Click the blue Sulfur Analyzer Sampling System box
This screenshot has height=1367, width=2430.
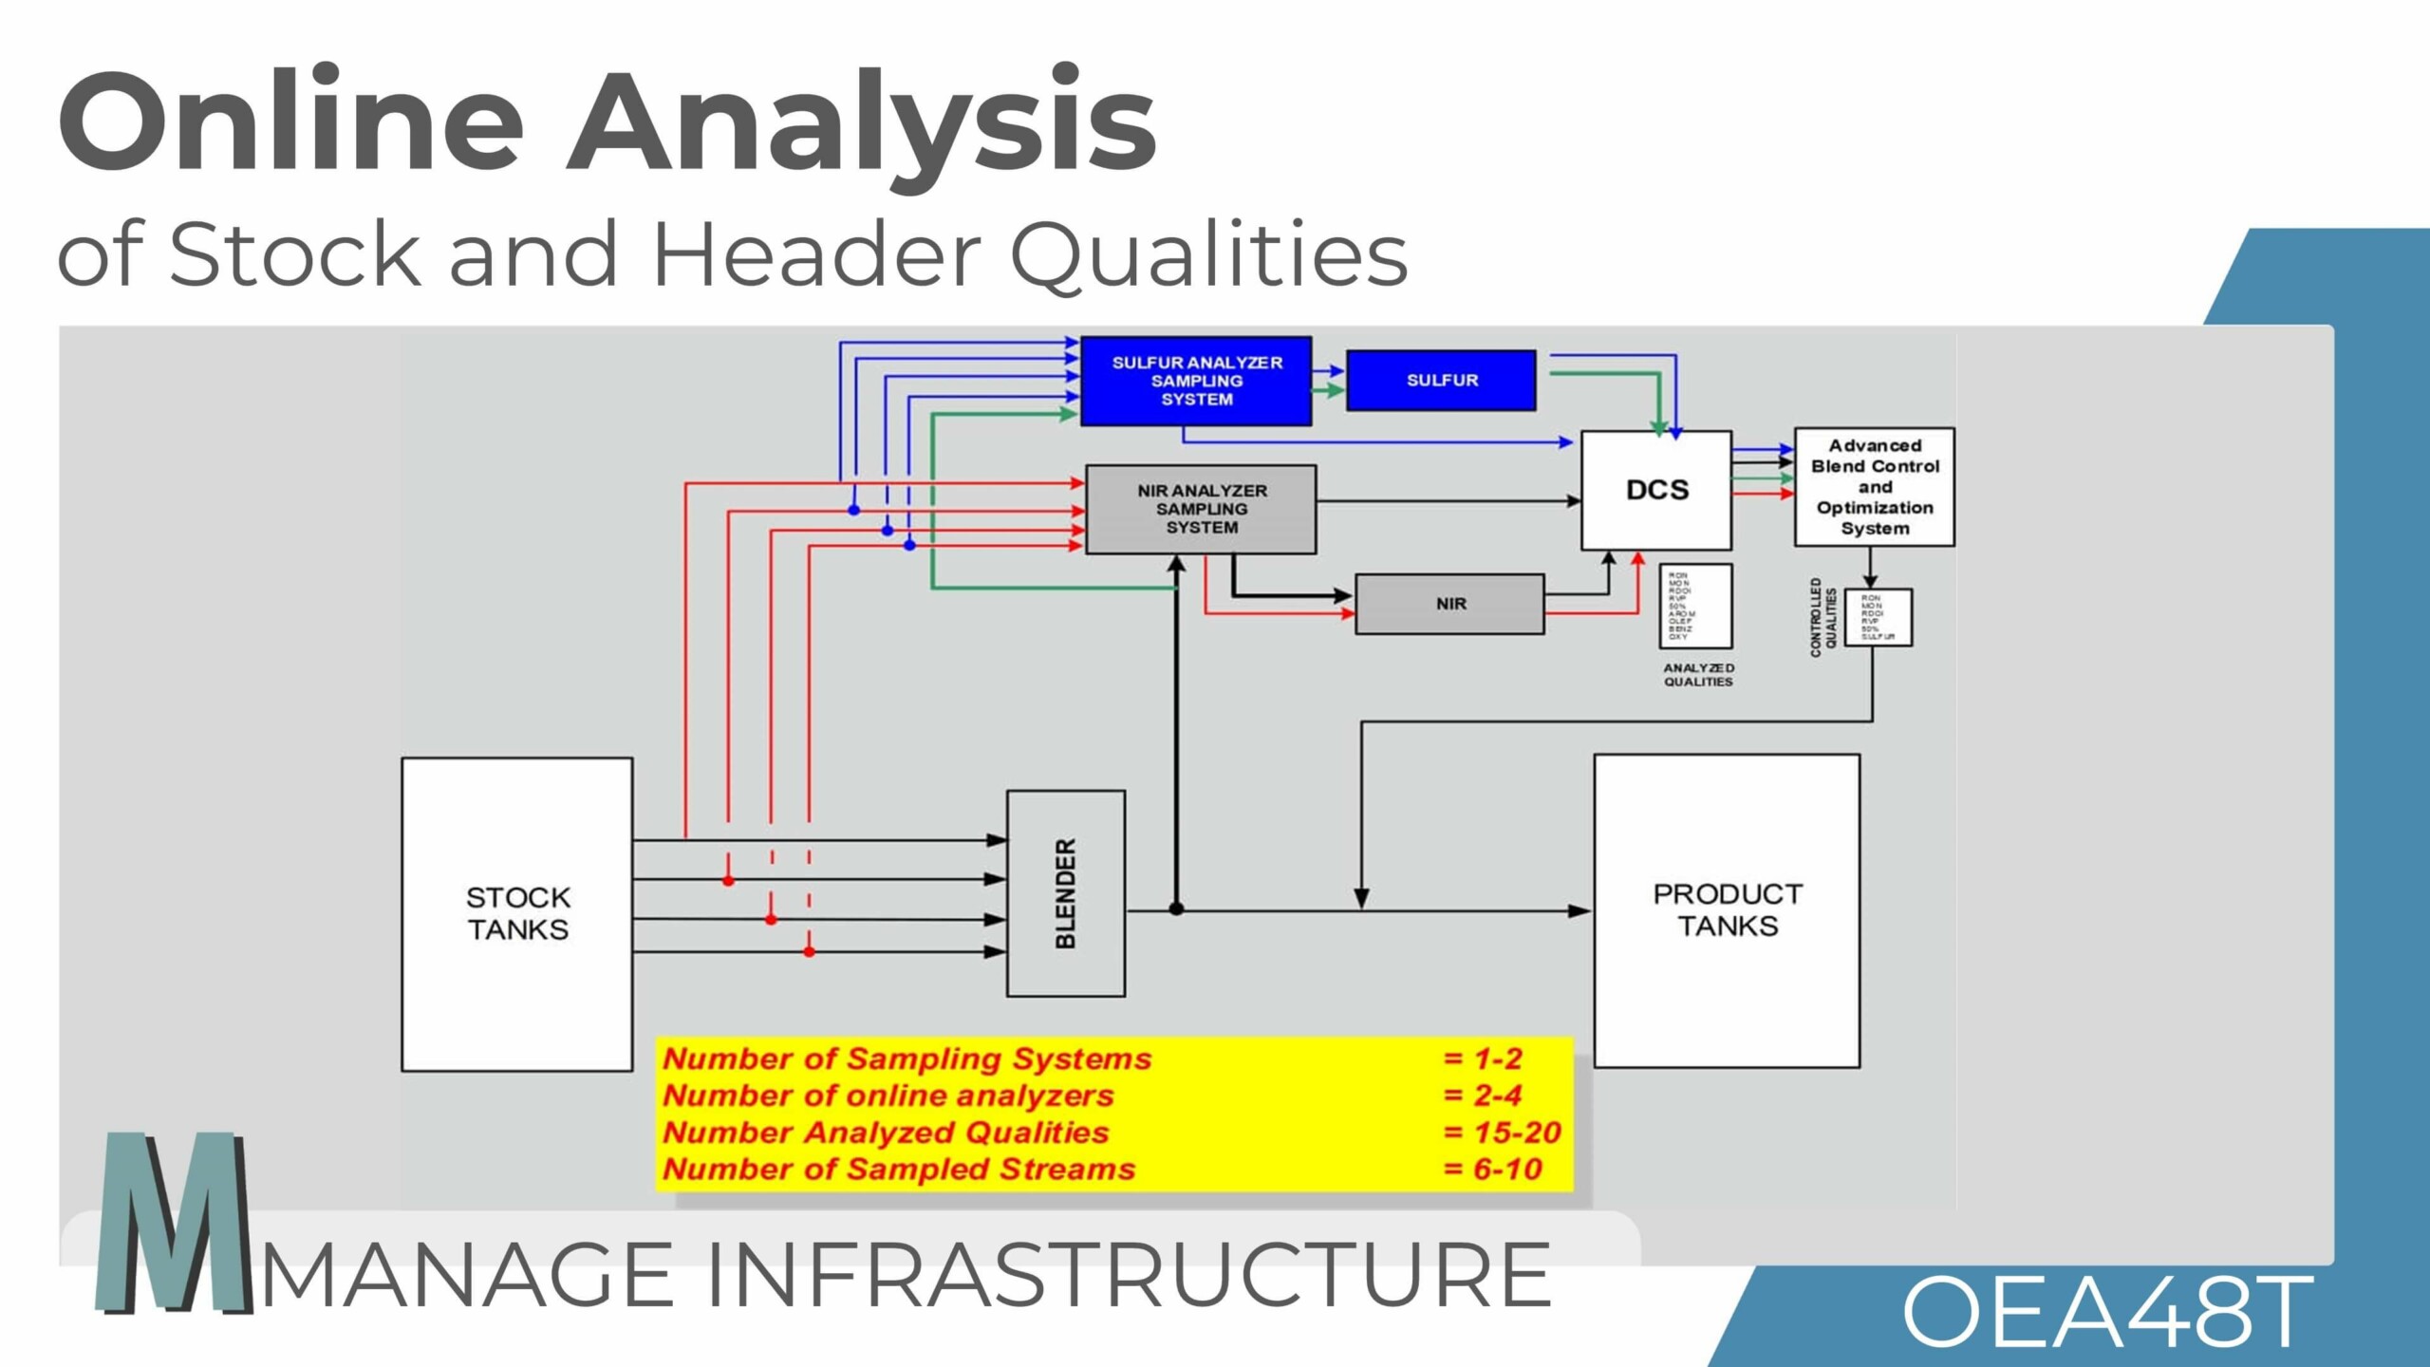click(x=1196, y=381)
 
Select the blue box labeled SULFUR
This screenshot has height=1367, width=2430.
click(x=1441, y=381)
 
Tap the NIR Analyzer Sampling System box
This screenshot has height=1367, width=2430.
click(x=1201, y=509)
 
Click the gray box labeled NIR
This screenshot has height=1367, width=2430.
click(x=1449, y=604)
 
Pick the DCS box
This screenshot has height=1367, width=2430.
click(x=1656, y=490)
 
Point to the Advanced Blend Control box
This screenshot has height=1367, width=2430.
click(x=1874, y=486)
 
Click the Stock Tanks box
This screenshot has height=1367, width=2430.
click(x=517, y=913)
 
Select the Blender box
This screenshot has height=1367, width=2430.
click(x=1066, y=892)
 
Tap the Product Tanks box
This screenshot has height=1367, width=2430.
click(x=1727, y=909)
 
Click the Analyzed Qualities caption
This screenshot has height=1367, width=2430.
click(x=1698, y=675)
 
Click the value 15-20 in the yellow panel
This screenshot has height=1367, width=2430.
click(x=1516, y=1133)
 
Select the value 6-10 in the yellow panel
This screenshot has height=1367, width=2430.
click(x=1506, y=1170)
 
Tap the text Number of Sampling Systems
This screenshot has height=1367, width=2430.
click(x=907, y=1058)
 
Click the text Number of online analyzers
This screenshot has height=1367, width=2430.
click(x=888, y=1095)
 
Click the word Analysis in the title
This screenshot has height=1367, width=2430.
click(x=862, y=123)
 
